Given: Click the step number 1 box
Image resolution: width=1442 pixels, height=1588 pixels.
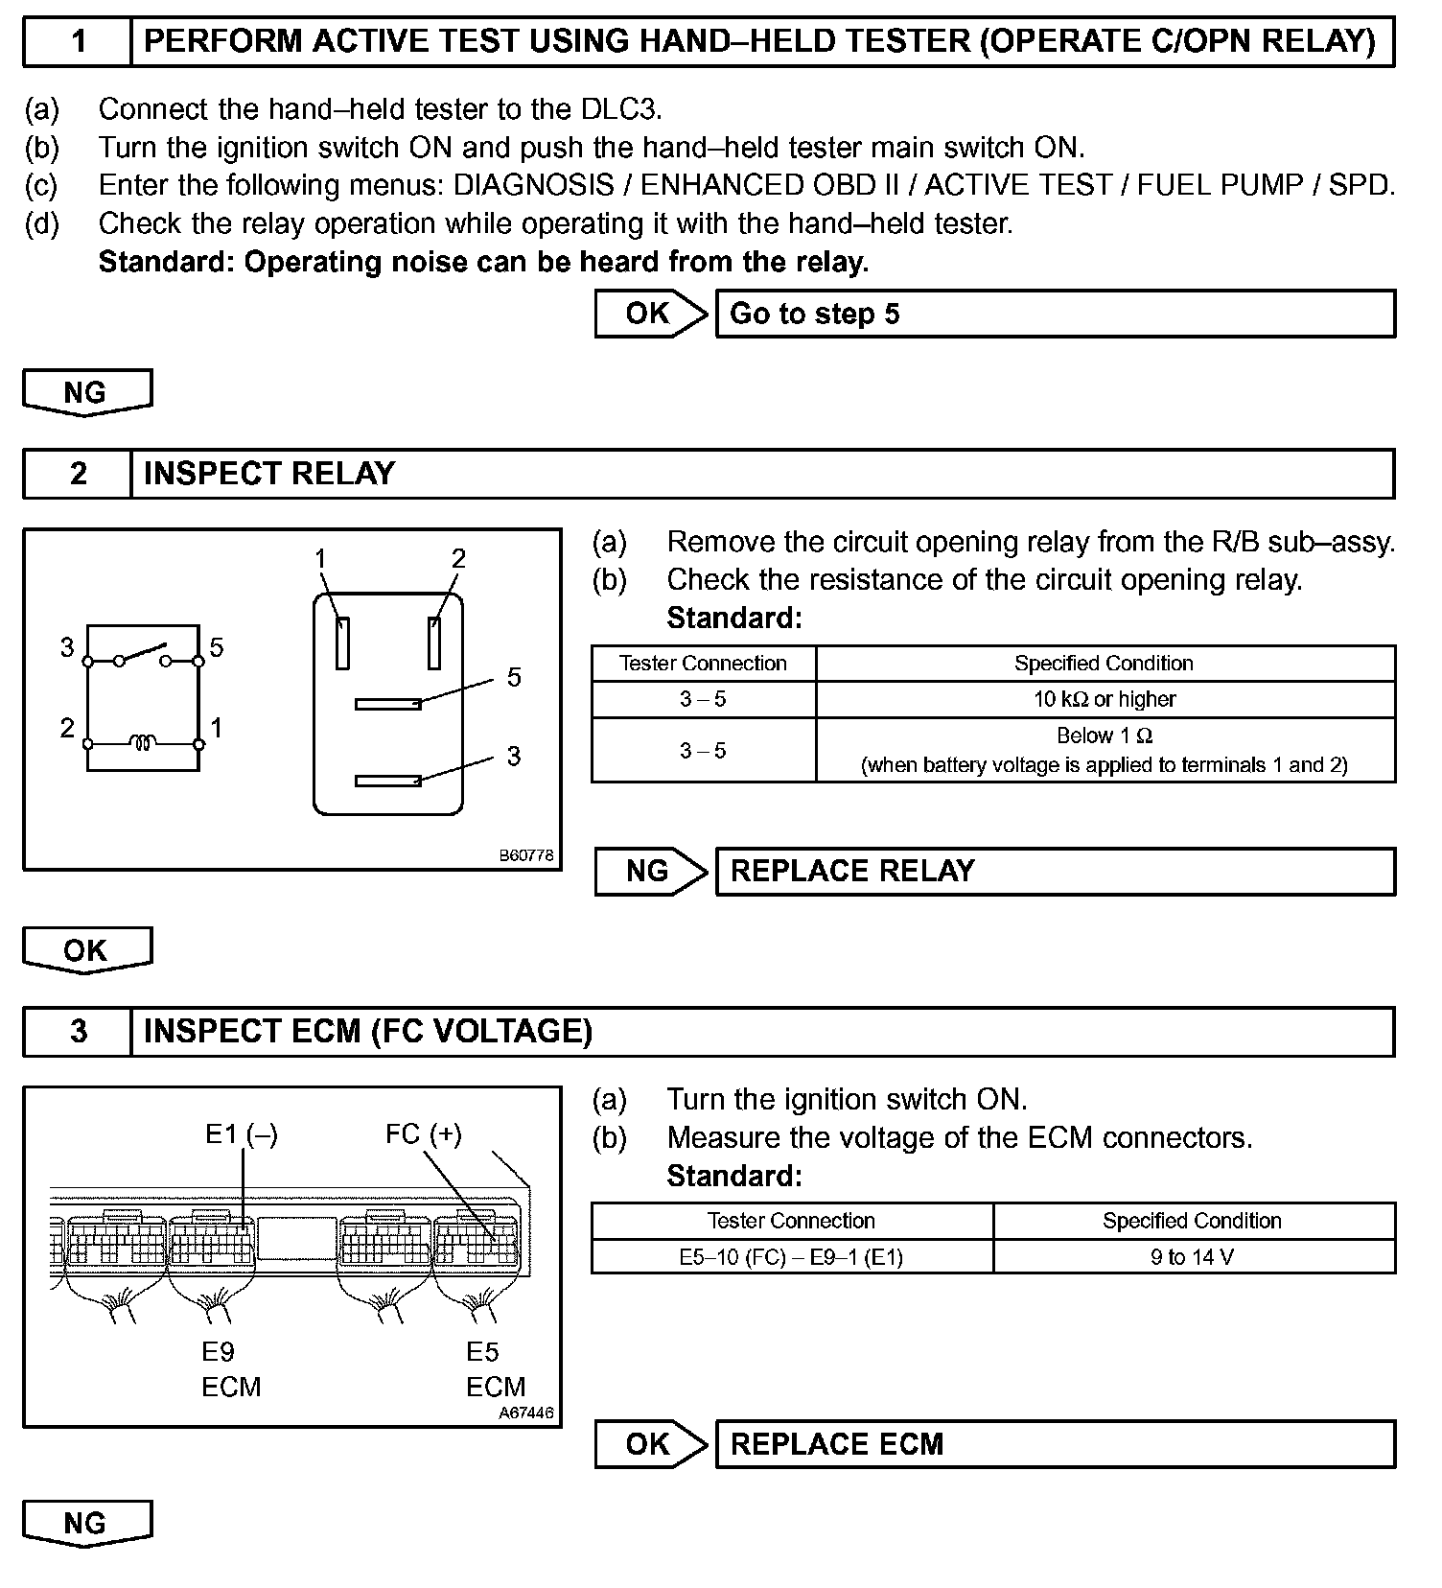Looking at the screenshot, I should coord(78,41).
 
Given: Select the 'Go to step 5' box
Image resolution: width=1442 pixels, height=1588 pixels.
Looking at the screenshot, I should coord(1055,314).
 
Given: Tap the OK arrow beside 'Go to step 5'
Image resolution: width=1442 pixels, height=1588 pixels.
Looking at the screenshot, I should coord(650,314).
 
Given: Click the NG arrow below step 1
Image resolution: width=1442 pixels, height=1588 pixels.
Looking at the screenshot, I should coord(86,393).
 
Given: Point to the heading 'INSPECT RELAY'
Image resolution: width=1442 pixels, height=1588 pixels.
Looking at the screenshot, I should coord(269,474).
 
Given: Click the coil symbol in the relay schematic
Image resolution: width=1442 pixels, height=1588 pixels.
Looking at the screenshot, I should coord(144,742).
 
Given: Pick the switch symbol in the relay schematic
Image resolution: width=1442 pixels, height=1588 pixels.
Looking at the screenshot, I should coord(143,656).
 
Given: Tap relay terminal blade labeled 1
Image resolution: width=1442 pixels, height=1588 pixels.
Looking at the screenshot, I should coord(342,642).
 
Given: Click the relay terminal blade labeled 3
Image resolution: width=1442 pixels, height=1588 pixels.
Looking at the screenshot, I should coord(388,781).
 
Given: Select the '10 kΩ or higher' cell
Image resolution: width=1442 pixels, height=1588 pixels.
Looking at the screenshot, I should coord(1105,699).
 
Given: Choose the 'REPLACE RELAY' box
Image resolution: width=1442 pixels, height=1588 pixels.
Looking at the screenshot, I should coord(1055,871).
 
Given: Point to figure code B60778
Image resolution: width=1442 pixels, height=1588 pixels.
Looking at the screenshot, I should coord(526,855).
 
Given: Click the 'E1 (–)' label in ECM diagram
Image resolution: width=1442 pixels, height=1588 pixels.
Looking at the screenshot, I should coord(241,1134).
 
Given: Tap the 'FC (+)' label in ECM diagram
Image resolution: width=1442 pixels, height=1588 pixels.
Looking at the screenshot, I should coord(424,1134).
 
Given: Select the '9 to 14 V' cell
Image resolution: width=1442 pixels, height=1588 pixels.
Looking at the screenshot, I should coord(1192,1256).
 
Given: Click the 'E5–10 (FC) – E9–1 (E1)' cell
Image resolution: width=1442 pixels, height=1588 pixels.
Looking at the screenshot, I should coord(791,1256).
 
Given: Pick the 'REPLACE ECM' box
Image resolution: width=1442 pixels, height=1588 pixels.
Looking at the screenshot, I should coord(1055,1444).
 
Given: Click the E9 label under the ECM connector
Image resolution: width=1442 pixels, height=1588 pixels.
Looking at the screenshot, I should coord(218,1351).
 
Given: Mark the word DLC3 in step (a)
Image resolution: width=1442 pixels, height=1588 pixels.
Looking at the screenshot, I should coord(619,109).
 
